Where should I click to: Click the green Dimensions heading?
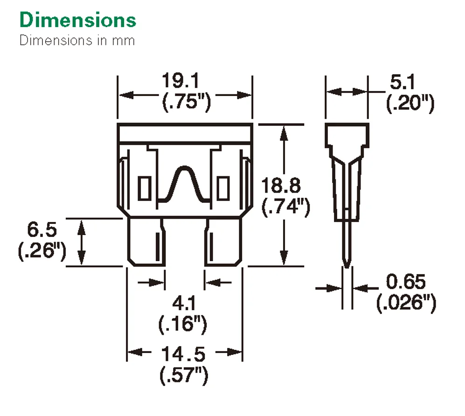(x=78, y=20)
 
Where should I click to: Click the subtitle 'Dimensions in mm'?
(x=77, y=41)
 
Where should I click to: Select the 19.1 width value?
(x=180, y=81)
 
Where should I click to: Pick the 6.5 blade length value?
(x=42, y=229)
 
